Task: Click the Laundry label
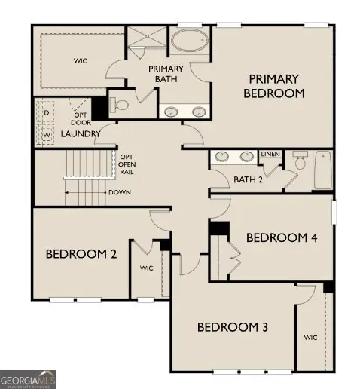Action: [x=81, y=133]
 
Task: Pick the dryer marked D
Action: [x=46, y=113]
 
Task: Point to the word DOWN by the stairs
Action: [x=119, y=192]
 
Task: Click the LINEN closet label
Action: [x=270, y=155]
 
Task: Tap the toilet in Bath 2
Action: [x=299, y=161]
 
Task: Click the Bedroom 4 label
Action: [x=282, y=237]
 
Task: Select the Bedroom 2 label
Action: [x=81, y=254]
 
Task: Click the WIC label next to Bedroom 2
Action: [x=147, y=267]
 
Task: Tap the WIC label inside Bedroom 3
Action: [x=310, y=337]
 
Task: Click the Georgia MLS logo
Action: [x=29, y=378]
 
